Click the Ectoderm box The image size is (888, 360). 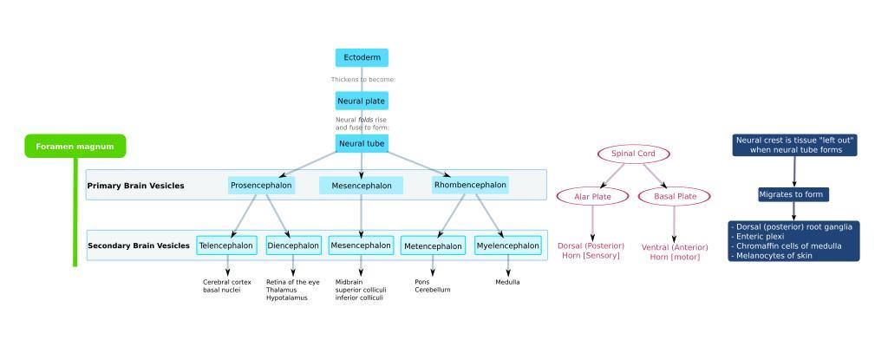click(362, 57)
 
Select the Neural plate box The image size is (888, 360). click(362, 101)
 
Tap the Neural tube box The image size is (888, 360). click(362, 143)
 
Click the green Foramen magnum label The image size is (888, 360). click(75, 147)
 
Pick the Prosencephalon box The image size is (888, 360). click(261, 185)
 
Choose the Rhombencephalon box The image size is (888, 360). click(470, 185)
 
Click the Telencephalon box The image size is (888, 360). click(226, 245)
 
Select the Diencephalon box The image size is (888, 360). click(293, 245)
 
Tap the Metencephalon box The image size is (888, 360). click(433, 246)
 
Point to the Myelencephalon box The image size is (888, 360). click(508, 245)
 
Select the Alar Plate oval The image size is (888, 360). click(593, 197)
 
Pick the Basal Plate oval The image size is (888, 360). click(675, 197)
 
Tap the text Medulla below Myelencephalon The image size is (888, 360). click(507, 282)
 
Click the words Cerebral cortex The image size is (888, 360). click(226, 282)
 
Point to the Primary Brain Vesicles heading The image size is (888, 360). click(135, 186)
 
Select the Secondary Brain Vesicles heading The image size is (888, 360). click(139, 246)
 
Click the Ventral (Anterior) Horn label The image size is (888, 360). click(675, 252)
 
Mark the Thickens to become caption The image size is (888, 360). click(362, 80)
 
